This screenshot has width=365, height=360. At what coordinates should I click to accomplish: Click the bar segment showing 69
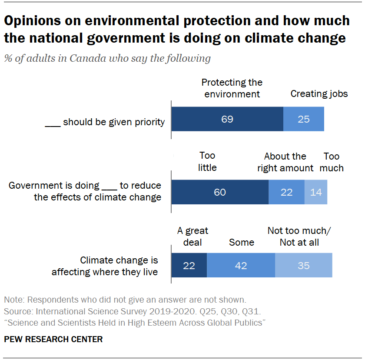[x=227, y=119]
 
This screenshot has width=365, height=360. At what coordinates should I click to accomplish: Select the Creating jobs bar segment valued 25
[x=304, y=119]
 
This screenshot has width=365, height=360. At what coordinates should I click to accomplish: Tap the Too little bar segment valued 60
[x=220, y=192]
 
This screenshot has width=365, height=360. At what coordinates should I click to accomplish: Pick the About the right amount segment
[x=286, y=192]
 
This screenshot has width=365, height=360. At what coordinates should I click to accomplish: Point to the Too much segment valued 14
[x=316, y=192]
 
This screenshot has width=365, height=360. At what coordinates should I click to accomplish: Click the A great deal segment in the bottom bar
[x=189, y=265]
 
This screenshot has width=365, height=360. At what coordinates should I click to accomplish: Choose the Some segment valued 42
[x=241, y=265]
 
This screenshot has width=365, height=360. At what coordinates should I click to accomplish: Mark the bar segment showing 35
[x=304, y=265]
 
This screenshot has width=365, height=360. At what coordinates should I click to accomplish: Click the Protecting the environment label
[x=232, y=88]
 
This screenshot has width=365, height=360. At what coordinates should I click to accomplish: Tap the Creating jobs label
[x=319, y=93]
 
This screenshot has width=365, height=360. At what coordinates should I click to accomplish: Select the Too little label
[x=207, y=161]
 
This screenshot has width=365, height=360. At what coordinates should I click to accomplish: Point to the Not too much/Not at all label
[x=299, y=237]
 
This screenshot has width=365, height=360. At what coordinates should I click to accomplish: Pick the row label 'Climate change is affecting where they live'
[x=105, y=266]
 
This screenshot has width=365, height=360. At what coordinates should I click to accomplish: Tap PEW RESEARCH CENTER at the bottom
[x=53, y=340]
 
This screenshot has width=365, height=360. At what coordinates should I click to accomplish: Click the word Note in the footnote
[x=13, y=300]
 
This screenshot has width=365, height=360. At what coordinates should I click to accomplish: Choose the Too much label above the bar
[x=332, y=162]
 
